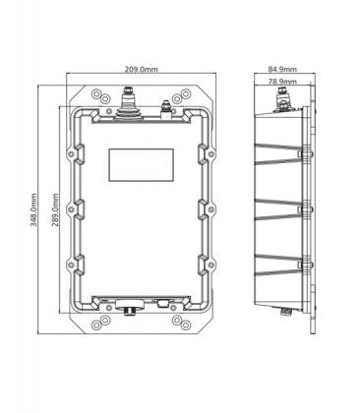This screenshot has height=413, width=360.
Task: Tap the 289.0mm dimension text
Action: point(56,209)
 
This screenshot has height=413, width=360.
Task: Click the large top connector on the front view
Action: point(127,101)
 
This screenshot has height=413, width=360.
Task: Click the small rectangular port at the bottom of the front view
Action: point(161,304)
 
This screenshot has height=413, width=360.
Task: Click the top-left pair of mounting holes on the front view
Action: point(99,95)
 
